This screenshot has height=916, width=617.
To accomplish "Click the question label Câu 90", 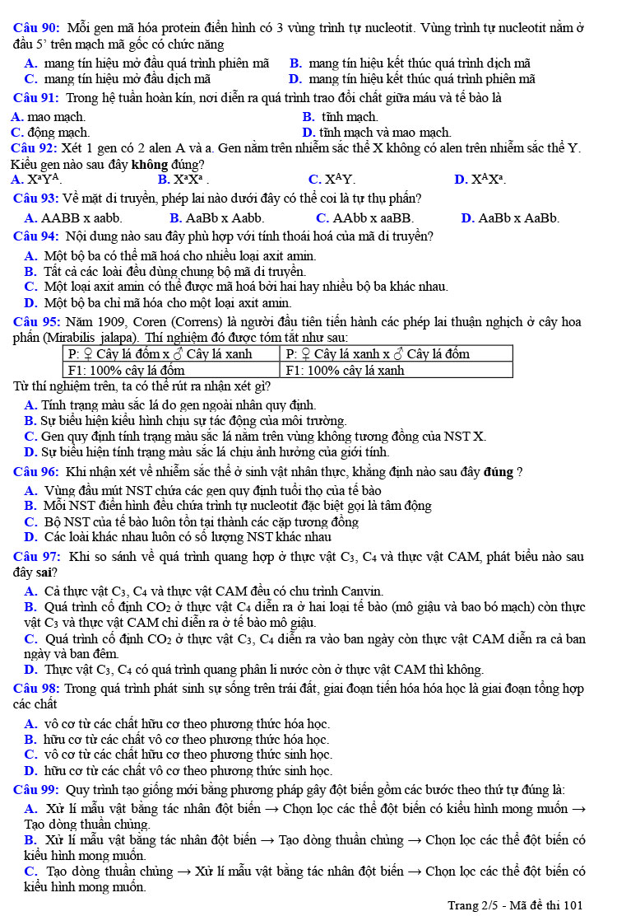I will click(36, 28).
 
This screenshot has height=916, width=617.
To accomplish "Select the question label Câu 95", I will click(36, 321).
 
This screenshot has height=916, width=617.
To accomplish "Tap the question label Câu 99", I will click(36, 788).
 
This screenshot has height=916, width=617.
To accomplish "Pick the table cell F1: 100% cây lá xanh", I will click(345, 370).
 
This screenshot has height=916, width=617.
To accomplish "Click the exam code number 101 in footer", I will click(573, 905).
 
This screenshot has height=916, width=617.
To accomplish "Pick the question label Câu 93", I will click(36, 198).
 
